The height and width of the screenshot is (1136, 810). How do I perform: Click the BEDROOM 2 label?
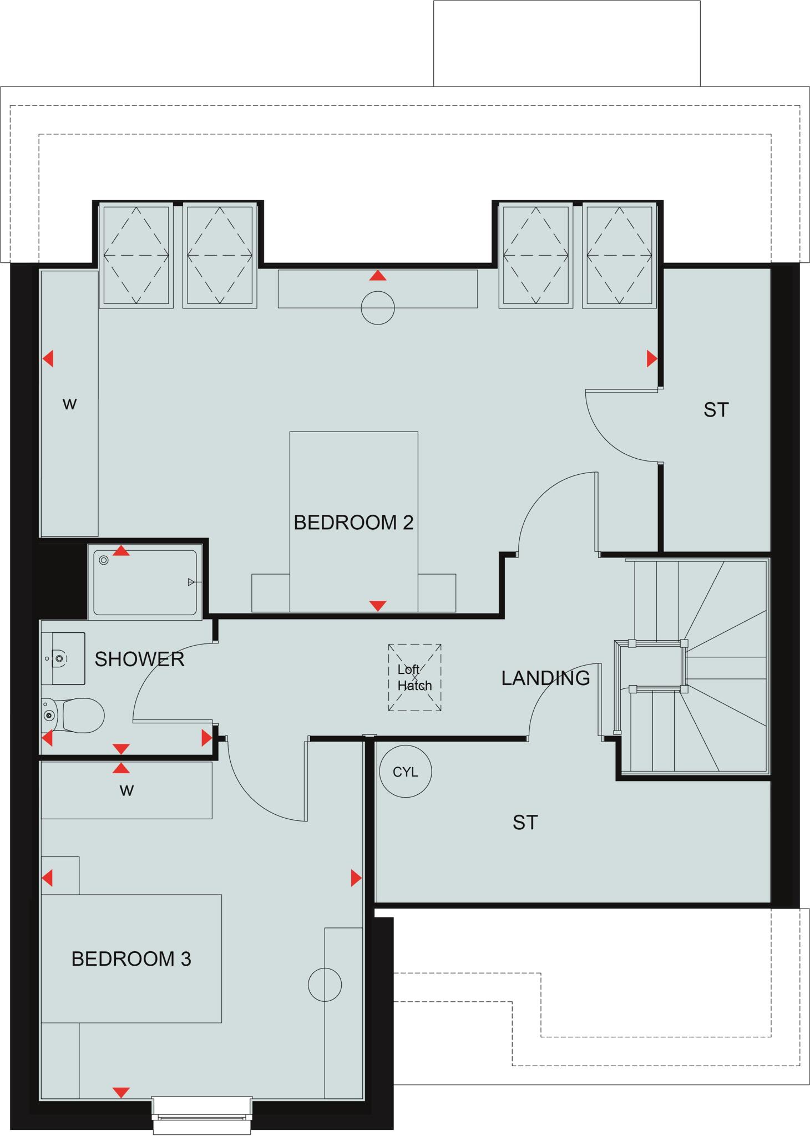click(353, 523)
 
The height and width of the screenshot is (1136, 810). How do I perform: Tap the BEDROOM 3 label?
click(131, 958)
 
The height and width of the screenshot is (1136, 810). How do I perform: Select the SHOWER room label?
click(139, 659)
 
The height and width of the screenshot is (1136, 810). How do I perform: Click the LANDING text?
click(545, 678)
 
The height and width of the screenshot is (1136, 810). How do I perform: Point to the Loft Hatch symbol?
click(414, 677)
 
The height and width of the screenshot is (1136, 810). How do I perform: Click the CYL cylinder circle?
click(405, 772)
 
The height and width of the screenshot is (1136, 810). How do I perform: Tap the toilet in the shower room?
click(78, 715)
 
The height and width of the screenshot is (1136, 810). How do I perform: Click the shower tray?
click(145, 582)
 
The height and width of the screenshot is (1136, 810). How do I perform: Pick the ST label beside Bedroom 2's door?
click(716, 410)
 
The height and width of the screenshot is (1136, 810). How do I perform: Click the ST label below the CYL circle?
click(525, 822)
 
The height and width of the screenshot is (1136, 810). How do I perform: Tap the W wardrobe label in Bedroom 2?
click(69, 404)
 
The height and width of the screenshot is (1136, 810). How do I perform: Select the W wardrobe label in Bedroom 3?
click(126, 790)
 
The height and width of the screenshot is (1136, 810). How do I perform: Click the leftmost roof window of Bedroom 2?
click(136, 255)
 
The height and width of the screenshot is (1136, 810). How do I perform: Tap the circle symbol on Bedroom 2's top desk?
click(377, 308)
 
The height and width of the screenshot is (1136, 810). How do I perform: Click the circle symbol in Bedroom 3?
click(325, 985)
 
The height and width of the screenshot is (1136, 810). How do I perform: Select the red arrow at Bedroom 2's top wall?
click(377, 276)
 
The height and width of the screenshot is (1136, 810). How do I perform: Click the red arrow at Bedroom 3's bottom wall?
click(121, 1092)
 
